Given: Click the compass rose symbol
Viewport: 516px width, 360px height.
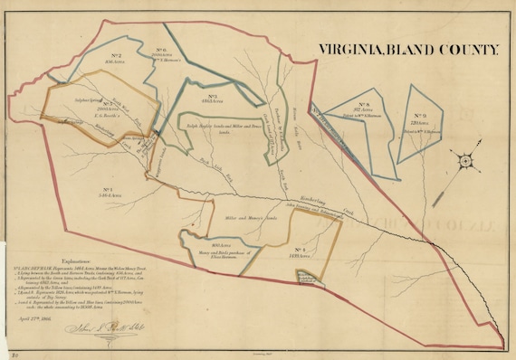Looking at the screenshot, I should pyautogui.click(x=465, y=161).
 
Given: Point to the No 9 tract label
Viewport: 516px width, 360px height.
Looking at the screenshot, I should pyautogui.click(x=419, y=116).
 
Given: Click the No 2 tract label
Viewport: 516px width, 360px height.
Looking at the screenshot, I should pyautogui.click(x=117, y=56).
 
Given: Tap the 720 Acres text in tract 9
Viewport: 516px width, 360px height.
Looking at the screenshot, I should pyautogui.click(x=419, y=123).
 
